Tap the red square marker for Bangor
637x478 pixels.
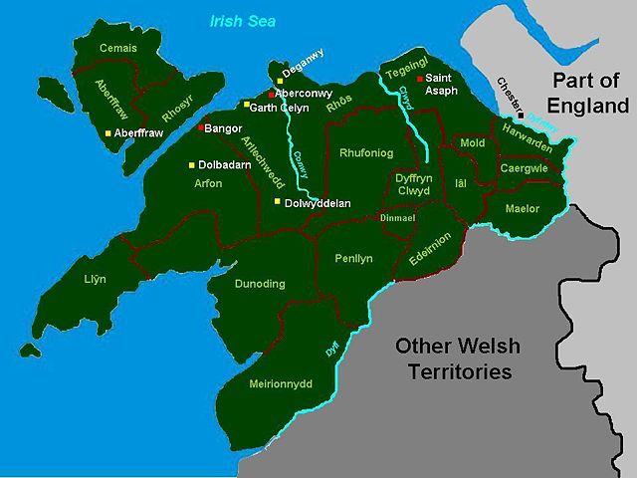[201, 127]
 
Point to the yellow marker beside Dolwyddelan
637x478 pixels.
[278, 201]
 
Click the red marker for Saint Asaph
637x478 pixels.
[420, 78]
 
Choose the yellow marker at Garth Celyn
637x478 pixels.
[248, 105]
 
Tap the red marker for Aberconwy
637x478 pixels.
[271, 94]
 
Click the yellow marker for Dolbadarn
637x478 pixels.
[194, 165]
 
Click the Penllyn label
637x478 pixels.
[353, 258]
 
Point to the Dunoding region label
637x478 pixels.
[259, 284]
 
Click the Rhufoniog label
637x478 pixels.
[366, 153]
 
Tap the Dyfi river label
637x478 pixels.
[332, 350]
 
